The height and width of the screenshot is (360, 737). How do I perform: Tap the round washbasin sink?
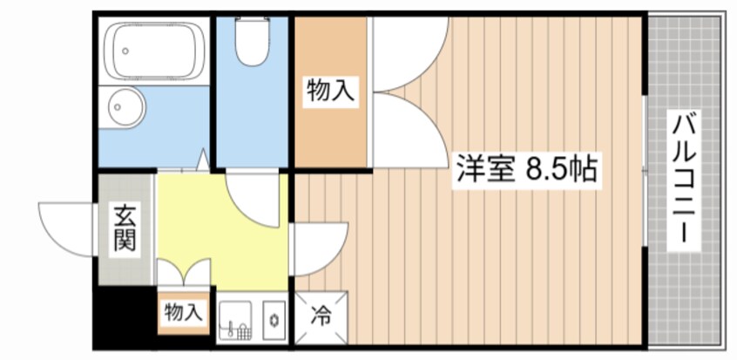point(123,108)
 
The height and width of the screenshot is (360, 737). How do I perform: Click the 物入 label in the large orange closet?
point(330,90)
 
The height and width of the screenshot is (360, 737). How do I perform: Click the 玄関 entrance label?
point(125,228)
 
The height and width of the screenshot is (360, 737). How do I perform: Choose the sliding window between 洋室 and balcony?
point(645,174)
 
